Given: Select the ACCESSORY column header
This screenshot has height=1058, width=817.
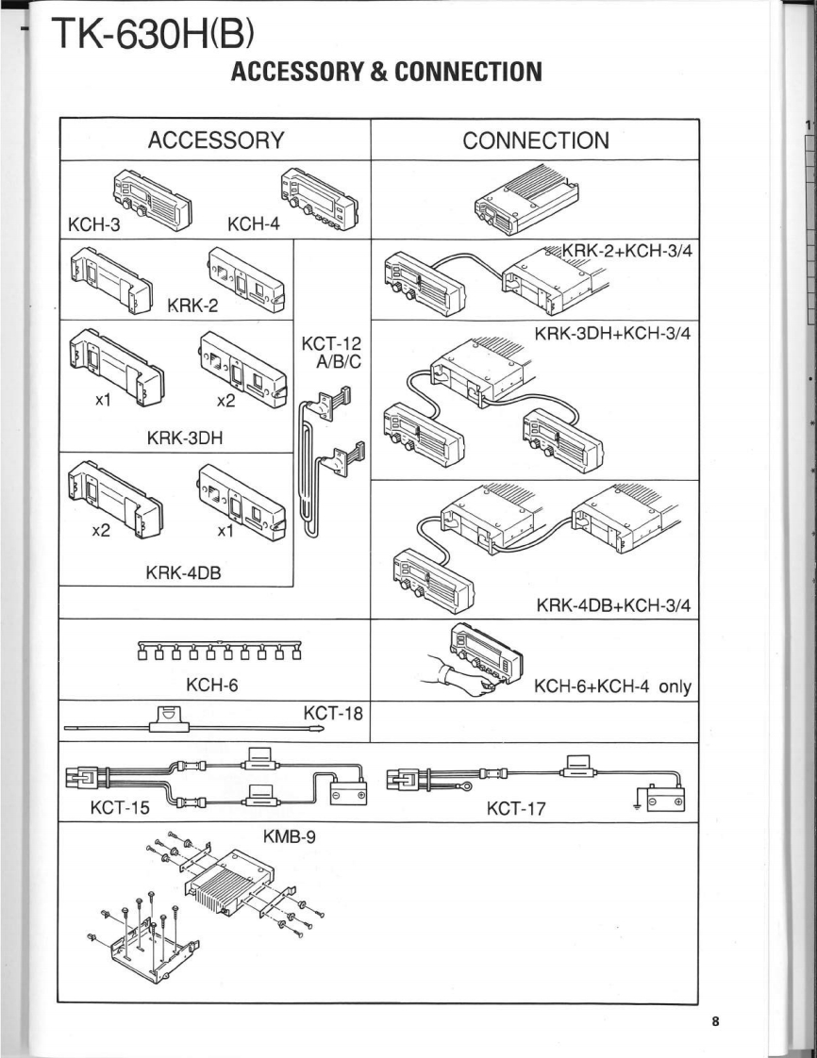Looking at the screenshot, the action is tap(216, 141).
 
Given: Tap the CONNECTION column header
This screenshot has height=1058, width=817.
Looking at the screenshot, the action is tap(536, 141).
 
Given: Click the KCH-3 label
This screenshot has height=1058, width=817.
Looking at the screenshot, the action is tap(93, 224).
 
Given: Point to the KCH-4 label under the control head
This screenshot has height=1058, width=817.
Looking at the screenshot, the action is tap(253, 224).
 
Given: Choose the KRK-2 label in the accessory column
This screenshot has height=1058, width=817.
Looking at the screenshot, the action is tap(192, 306).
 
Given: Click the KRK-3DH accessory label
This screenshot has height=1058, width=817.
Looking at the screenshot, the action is tap(184, 438).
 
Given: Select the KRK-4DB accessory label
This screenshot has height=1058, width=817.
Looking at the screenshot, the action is tap(184, 573).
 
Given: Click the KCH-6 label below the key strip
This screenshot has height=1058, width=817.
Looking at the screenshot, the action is tap(212, 685).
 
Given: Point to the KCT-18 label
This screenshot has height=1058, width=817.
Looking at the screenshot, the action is tap(333, 713).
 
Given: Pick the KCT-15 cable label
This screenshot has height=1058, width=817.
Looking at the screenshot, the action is tap(120, 807).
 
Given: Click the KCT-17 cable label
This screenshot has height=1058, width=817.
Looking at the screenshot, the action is tap(517, 808).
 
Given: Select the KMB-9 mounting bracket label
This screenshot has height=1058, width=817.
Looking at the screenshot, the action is tap(289, 837).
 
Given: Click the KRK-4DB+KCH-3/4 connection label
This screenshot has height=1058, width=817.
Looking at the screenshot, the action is tap(614, 604).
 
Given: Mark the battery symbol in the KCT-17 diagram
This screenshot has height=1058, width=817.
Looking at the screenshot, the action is tap(665, 799).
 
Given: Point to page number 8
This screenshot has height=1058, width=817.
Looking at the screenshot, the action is tap(716, 1020).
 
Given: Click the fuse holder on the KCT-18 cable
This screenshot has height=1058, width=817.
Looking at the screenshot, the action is tap(169, 718).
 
